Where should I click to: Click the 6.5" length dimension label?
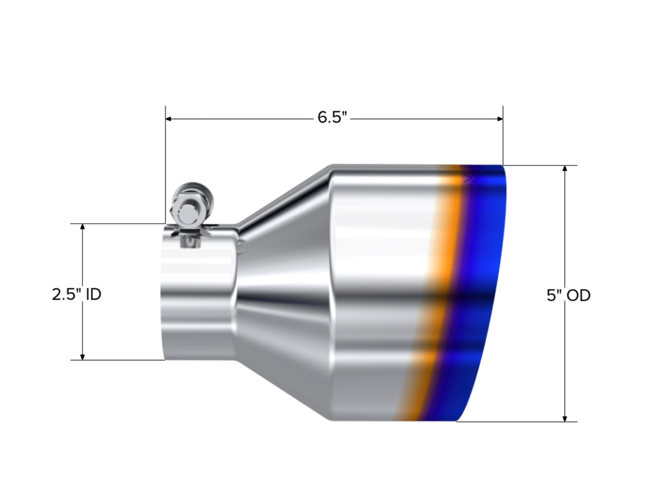point(333,118)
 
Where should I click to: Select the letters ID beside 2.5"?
point(93,294)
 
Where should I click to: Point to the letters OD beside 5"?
point(577,295)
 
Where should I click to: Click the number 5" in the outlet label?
point(554,295)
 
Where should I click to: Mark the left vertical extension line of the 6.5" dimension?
point(166,164)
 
